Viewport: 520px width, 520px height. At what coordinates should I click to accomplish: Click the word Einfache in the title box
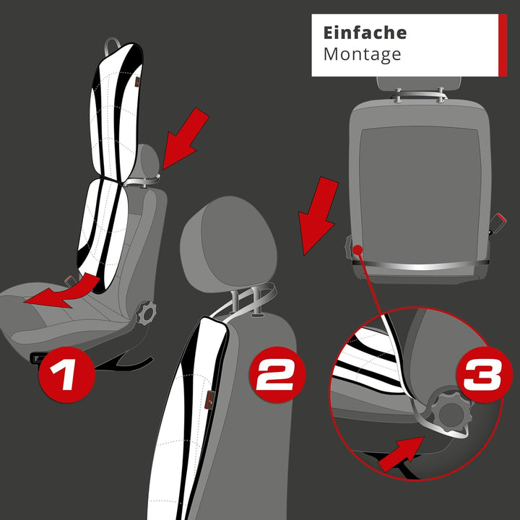[x=365, y=33]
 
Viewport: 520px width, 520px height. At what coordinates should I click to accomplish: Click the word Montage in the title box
[x=362, y=54]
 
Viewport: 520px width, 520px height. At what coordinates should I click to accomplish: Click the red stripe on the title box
[x=503, y=44]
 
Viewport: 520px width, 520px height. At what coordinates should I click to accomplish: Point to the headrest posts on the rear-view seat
[x=418, y=94]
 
